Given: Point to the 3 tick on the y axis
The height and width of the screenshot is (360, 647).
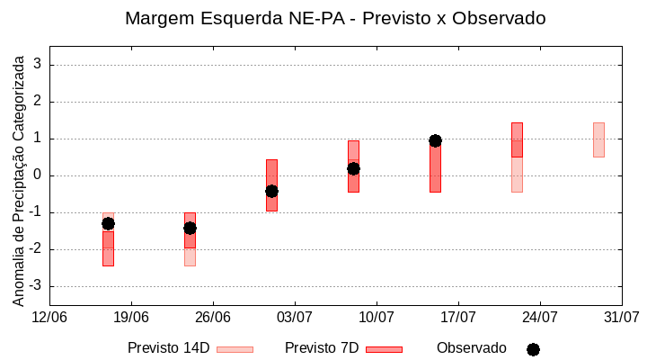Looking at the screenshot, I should [38, 65].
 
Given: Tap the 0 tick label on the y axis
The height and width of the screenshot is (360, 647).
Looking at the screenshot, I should [38, 175].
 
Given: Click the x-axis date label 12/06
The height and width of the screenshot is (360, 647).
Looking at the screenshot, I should [49, 317].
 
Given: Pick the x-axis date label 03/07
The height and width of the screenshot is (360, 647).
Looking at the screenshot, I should [295, 317].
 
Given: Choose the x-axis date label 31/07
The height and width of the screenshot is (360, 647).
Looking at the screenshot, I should [622, 317].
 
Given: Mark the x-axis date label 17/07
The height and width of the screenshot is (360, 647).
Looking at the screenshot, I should [458, 317].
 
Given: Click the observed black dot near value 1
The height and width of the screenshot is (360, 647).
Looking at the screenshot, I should [435, 140].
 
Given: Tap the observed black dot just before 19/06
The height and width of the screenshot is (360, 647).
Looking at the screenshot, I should [108, 223].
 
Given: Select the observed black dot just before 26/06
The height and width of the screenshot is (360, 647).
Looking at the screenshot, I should [190, 228].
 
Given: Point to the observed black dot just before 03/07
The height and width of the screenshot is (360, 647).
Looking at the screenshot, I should [271, 191].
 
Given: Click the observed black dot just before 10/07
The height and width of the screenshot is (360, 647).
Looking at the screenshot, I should [353, 168].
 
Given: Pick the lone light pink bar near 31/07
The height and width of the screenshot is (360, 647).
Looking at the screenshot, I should [598, 139].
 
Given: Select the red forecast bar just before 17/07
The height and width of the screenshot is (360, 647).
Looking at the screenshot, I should [435, 166].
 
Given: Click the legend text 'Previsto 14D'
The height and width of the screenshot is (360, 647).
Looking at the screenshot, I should [168, 348].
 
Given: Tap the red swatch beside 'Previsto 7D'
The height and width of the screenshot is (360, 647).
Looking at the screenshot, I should [384, 349].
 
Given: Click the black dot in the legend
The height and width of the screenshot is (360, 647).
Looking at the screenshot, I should [533, 349].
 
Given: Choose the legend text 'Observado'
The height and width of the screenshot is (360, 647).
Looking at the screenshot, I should [471, 348].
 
